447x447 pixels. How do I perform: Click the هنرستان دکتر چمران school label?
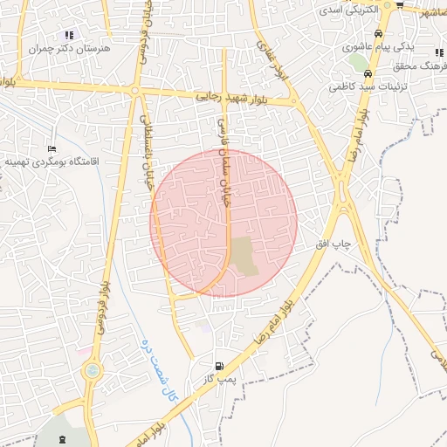66,50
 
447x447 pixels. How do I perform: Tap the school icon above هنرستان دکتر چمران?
69,36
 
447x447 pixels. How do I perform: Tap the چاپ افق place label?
333,247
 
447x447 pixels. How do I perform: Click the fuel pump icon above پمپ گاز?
219,366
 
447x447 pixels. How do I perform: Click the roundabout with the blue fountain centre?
91,371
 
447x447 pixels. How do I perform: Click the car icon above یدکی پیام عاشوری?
370,31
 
